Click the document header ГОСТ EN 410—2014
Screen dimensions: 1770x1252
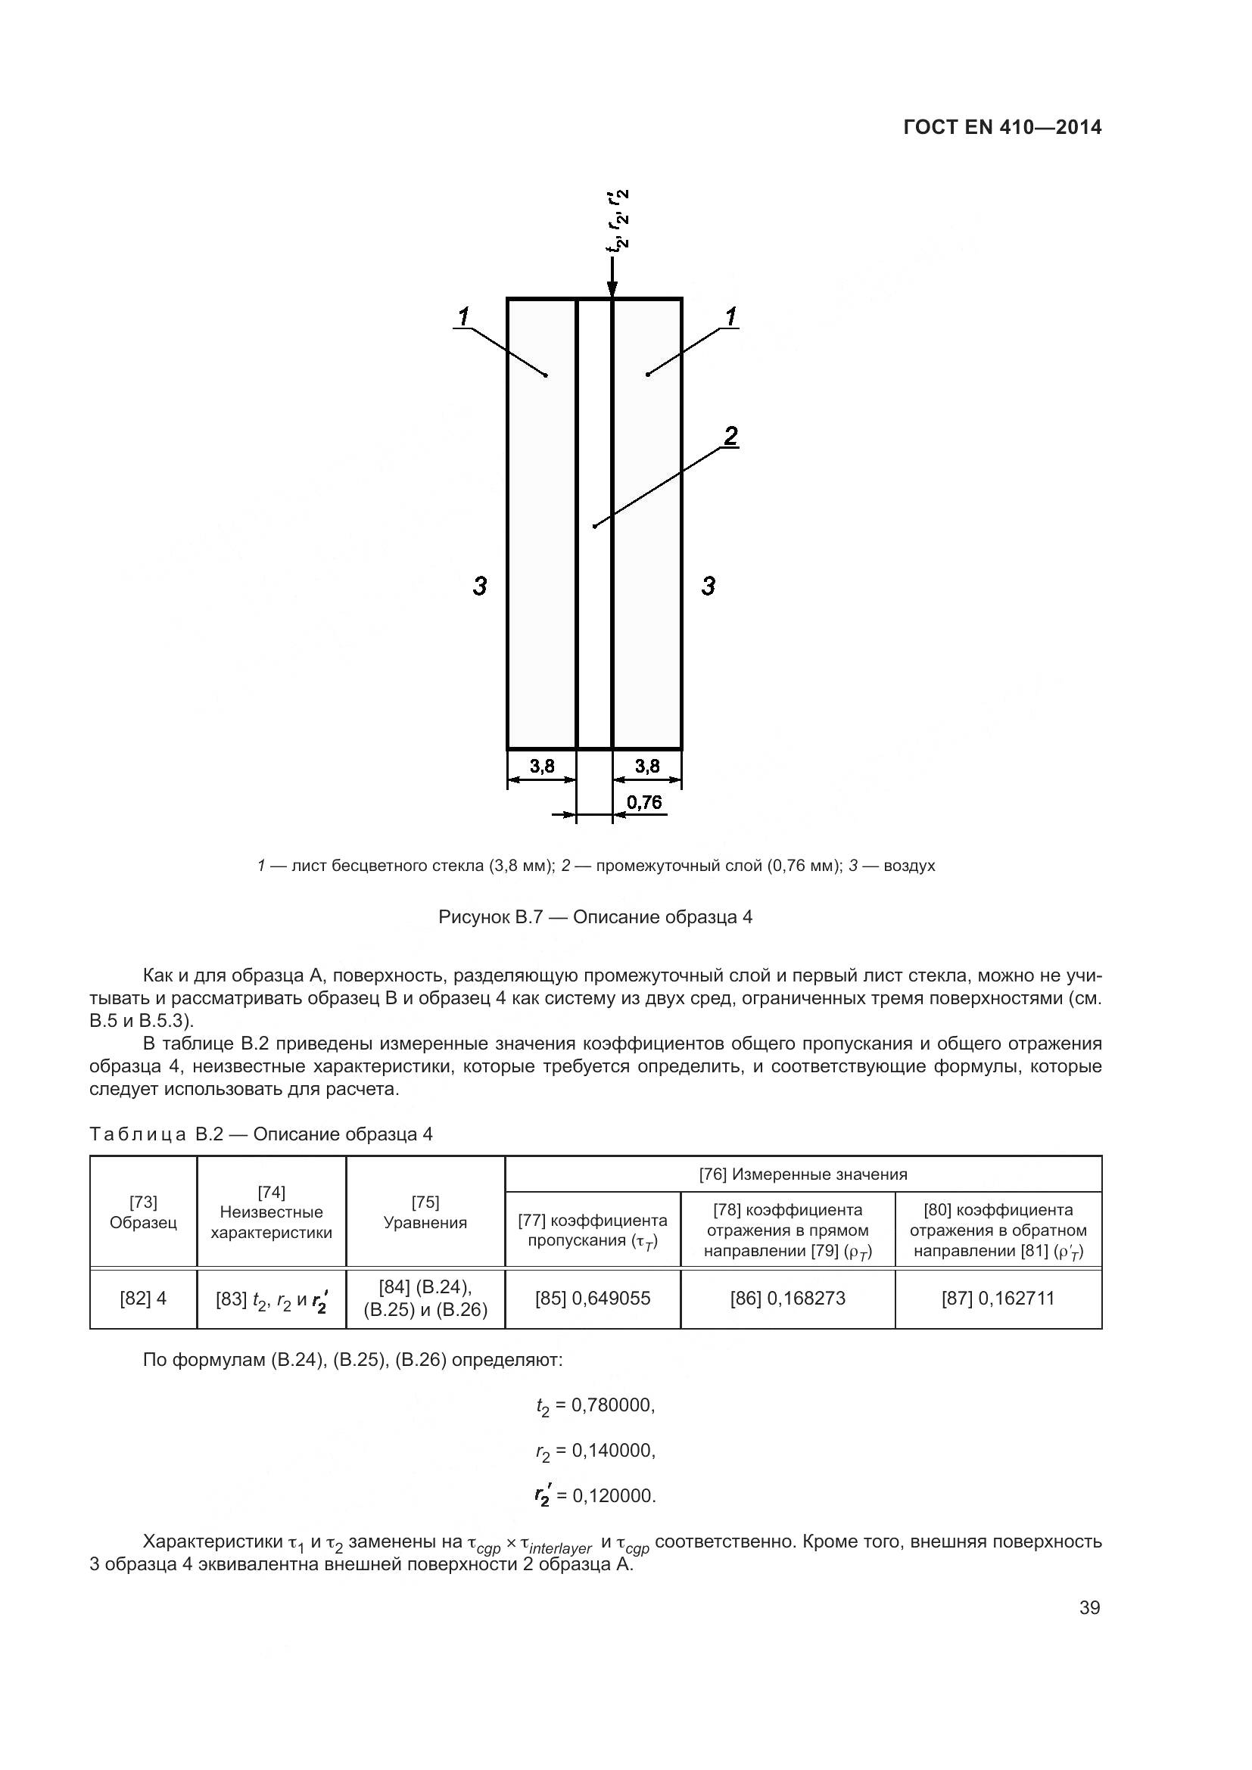1001,127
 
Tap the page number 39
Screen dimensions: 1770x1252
1089,1607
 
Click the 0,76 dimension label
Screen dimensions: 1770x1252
643,802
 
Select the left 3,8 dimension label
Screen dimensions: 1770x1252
542,766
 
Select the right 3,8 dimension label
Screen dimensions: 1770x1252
646,766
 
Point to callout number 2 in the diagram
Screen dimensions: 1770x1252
730,436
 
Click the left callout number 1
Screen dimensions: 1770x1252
463,316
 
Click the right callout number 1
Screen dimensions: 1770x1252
730,316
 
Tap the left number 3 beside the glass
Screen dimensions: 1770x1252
479,586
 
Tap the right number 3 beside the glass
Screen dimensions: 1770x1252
708,586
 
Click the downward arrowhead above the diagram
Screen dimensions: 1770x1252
612,288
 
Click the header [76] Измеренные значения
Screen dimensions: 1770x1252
802,1174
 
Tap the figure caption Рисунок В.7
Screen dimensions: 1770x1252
594,916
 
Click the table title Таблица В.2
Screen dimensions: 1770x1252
260,1134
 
